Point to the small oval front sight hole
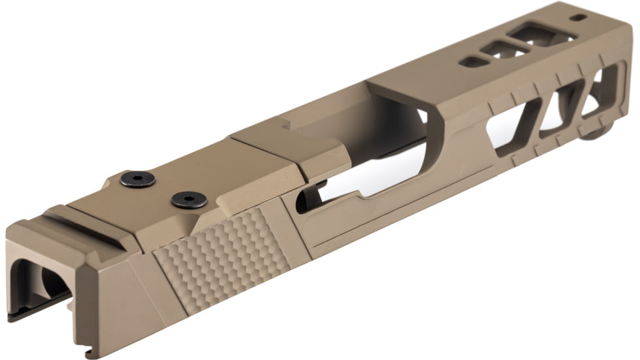578,18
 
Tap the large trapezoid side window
514,127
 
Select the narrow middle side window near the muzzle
564,108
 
